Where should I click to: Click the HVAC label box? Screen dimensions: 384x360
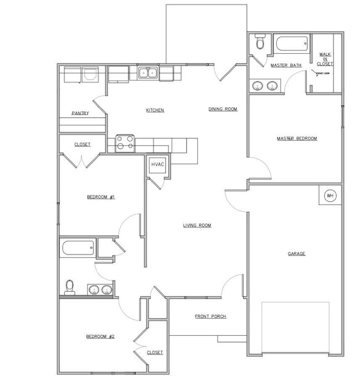(x=156, y=165)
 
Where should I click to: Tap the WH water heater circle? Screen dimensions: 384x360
(x=330, y=195)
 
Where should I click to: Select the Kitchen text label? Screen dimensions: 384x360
(x=155, y=110)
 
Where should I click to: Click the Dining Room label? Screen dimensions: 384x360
(x=223, y=109)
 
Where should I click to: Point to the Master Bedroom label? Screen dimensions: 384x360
(x=297, y=138)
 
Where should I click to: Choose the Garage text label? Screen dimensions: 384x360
(x=296, y=253)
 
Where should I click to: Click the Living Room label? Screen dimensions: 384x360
(x=198, y=225)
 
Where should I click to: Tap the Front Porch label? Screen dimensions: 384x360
(x=210, y=316)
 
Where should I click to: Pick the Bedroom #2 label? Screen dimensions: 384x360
(x=100, y=336)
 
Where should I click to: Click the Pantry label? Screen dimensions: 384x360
(x=80, y=113)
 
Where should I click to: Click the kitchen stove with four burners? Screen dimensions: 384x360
(x=125, y=143)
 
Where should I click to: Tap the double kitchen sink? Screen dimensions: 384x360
(x=148, y=72)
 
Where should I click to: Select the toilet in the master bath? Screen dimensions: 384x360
(x=260, y=43)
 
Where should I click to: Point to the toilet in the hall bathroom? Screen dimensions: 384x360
(x=70, y=286)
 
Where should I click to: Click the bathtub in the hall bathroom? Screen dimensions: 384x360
(x=79, y=248)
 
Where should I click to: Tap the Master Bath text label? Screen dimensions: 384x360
(x=286, y=65)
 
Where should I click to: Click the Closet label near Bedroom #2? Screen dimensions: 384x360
(x=155, y=352)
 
